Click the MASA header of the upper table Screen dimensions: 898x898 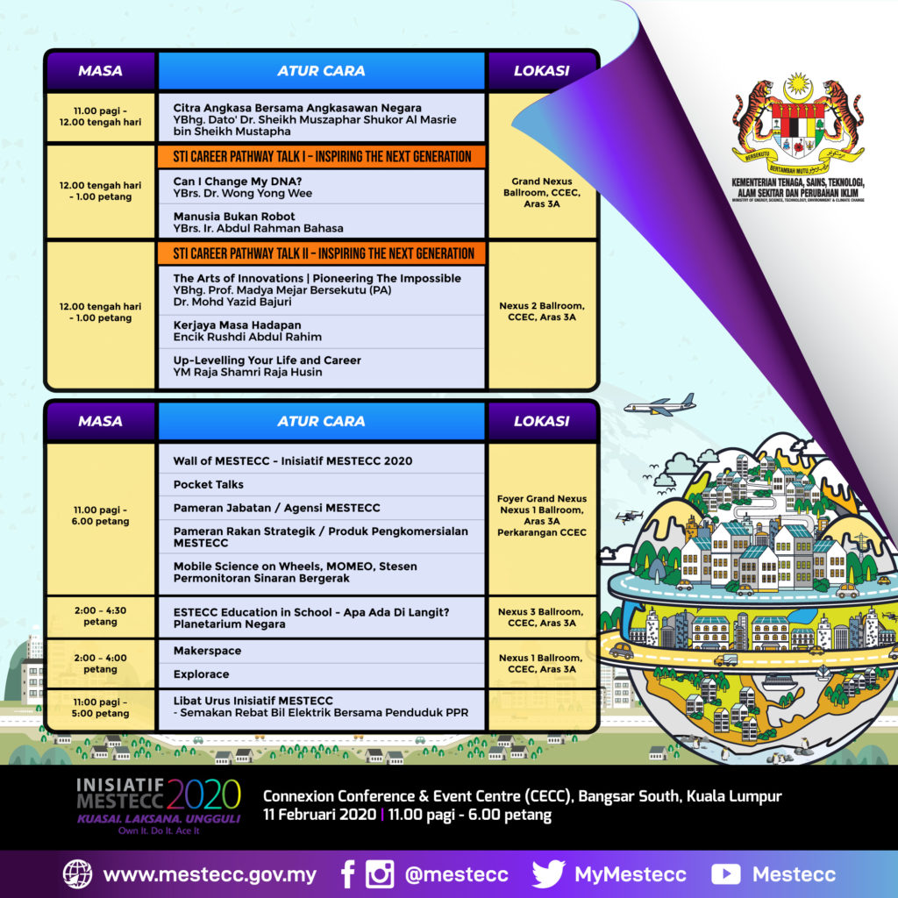click(100, 71)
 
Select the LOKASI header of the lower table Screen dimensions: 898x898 click(542, 421)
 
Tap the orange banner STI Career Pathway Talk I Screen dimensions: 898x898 click(321, 156)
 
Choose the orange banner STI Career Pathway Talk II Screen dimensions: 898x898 click(321, 253)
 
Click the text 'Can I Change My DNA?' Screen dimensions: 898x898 click(238, 182)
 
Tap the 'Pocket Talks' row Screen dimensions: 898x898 click(321, 484)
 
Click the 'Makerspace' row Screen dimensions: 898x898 click(321, 652)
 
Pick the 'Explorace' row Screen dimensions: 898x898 click(321, 674)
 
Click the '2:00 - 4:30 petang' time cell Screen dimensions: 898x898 click(100, 616)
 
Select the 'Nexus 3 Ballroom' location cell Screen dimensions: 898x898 click(542, 616)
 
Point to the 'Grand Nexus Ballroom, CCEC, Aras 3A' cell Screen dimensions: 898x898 click(542, 192)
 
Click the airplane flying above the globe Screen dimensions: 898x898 click(659, 405)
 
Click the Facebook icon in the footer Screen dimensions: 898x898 click(347, 874)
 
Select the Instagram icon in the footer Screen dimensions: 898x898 click(380, 874)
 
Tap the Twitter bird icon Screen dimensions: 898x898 click(549, 874)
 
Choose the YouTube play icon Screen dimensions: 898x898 click(725, 874)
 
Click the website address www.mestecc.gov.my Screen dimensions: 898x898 click(210, 875)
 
